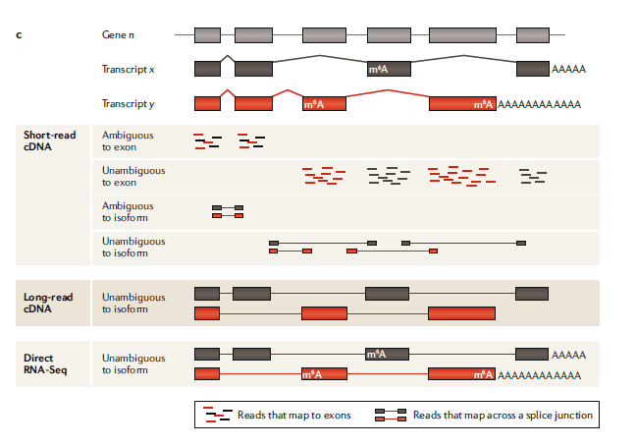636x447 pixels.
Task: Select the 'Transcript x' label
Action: coord(129,69)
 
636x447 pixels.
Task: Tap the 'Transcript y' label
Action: coord(129,103)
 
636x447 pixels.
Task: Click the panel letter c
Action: coord(19,35)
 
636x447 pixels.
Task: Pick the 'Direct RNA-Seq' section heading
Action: coord(46,364)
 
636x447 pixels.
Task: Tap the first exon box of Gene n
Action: coord(207,35)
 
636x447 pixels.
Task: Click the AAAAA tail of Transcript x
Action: coord(569,69)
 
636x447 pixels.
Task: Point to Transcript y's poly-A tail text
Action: coord(540,103)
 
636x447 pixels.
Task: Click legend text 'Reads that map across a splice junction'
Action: coord(503,415)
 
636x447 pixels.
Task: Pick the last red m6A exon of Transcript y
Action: coord(462,103)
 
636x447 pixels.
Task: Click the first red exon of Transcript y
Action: coord(207,103)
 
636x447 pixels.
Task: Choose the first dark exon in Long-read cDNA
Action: coord(207,293)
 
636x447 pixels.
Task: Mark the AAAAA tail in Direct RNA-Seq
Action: coord(569,355)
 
